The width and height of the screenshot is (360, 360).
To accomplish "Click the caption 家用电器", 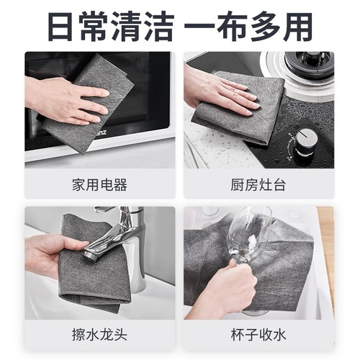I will (100, 185).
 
